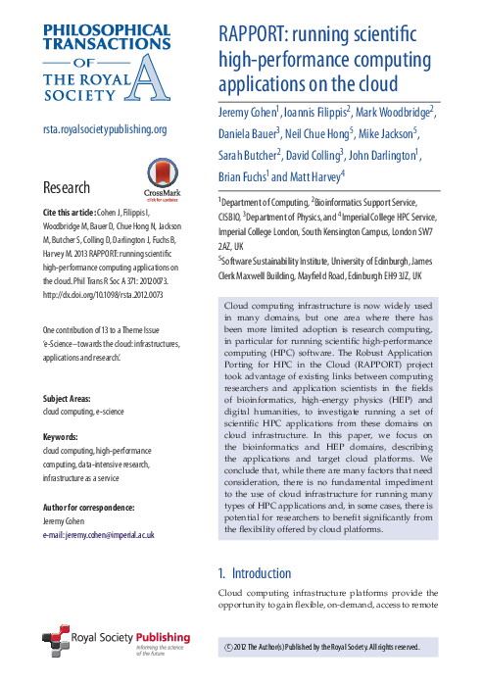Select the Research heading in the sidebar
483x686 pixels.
point(67,188)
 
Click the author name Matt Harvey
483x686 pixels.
point(316,176)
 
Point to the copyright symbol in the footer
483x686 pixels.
point(229,648)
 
